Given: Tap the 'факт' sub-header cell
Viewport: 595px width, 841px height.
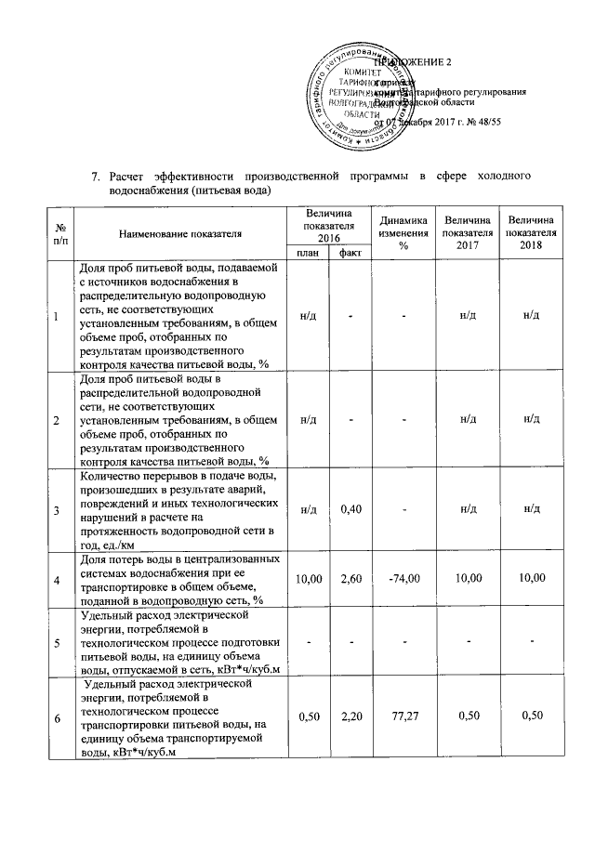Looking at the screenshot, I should pos(350,253).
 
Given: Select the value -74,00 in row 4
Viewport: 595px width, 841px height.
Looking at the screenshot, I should pos(404,579).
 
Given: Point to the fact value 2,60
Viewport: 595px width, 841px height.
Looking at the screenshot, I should pos(350,579).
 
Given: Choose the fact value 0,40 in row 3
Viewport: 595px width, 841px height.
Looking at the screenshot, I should pos(350,509).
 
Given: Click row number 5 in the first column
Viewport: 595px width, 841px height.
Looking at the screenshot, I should pos(56,642).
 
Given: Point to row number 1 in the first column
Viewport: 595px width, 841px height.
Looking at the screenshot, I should pos(56,317).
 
